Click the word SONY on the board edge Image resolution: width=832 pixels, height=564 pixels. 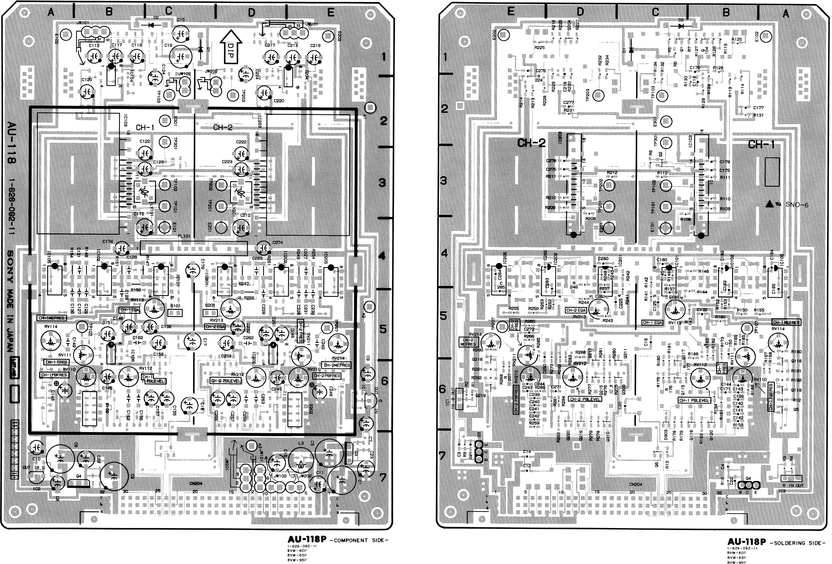[x=11, y=263]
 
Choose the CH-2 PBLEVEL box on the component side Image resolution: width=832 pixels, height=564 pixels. [x=226, y=381]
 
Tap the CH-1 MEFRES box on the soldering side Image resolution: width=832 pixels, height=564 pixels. [x=786, y=322]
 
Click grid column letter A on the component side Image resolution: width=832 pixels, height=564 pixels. [x=51, y=13]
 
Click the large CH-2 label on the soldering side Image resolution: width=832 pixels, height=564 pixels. [x=531, y=143]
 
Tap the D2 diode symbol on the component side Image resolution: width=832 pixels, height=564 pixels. [x=150, y=25]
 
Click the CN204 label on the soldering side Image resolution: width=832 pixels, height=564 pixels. [x=635, y=484]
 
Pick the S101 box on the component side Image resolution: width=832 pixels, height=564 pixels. [x=175, y=312]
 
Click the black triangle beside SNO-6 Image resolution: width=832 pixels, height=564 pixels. [x=769, y=204]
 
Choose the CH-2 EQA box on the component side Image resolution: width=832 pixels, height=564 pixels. [x=215, y=326]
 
